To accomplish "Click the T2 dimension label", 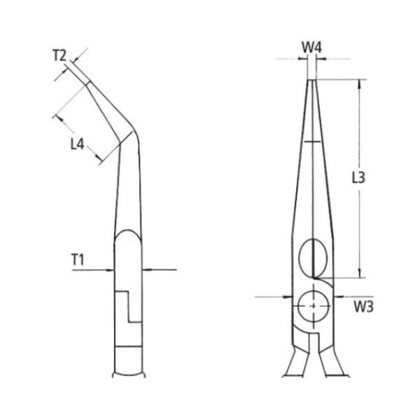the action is click(x=59, y=55).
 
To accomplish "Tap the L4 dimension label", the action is click(x=77, y=144).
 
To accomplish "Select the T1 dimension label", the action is click(x=78, y=260).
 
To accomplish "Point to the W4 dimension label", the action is click(x=311, y=48).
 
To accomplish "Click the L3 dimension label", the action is click(x=358, y=178).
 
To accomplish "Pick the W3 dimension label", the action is click(x=363, y=307).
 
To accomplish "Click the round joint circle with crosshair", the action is click(x=314, y=306).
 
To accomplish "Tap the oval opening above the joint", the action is click(x=313, y=258).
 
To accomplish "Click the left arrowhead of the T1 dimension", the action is click(x=110, y=270).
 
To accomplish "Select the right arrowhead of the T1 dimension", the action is click(x=146, y=269).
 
